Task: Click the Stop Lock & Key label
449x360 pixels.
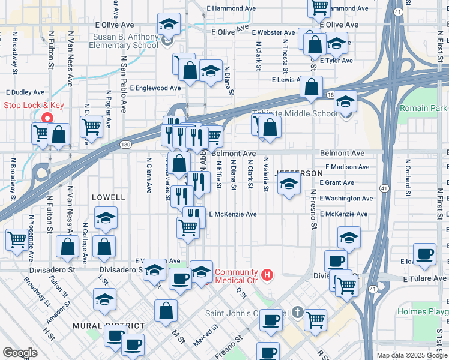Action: tap(34, 105)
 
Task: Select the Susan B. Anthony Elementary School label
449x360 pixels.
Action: tap(125, 41)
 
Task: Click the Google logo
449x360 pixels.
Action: tap(20, 353)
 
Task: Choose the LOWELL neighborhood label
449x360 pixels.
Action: tap(109, 197)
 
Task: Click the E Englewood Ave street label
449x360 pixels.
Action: tap(154, 88)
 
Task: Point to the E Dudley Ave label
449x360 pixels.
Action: tap(25, 92)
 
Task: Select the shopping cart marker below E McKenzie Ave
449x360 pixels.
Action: tap(188, 227)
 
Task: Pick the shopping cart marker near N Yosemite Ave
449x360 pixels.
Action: tap(17, 239)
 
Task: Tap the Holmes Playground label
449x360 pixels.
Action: tap(423, 312)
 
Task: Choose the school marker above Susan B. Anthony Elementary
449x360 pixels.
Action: tap(169, 25)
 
